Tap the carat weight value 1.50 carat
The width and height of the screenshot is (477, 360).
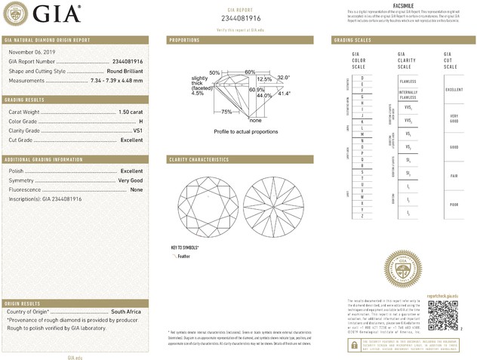click(131, 112)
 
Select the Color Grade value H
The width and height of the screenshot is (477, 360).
click(140, 121)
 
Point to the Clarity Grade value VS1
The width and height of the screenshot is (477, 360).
click(137, 131)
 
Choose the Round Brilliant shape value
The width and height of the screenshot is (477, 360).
click(125, 70)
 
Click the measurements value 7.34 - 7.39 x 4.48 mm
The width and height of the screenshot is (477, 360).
click(116, 79)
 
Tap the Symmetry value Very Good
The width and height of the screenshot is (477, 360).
click(130, 180)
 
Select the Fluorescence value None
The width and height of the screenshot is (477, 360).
click(136, 189)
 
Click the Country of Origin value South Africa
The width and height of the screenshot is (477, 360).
click(127, 311)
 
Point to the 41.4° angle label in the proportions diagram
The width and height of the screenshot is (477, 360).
click(284, 94)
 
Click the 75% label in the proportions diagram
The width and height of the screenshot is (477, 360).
click(226, 112)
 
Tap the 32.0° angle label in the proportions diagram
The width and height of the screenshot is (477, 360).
click(283, 77)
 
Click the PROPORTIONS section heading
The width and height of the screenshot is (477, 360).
click(184, 39)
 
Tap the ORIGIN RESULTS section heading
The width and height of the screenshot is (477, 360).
click(23, 302)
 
